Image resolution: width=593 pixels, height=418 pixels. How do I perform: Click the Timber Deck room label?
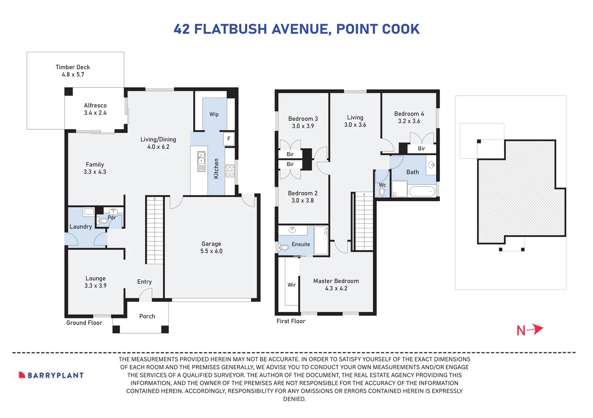click(x=72, y=67)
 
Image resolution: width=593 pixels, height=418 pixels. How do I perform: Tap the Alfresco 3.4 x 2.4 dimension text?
click(x=95, y=113)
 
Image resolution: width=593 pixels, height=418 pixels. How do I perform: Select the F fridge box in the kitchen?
click(x=229, y=139)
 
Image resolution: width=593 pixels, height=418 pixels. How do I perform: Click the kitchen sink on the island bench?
click(x=201, y=161)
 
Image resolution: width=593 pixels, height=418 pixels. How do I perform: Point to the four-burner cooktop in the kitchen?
click(x=230, y=170)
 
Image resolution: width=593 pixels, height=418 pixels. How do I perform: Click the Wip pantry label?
click(x=214, y=114)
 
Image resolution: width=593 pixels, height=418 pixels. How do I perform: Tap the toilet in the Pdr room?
click(x=103, y=221)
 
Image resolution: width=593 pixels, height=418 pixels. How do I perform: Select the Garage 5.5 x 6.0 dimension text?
click(x=211, y=251)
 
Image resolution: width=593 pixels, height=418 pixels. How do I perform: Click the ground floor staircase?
click(x=155, y=230)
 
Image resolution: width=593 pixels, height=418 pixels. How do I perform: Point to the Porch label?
click(x=147, y=316)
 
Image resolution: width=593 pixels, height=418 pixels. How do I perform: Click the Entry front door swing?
click(x=146, y=295)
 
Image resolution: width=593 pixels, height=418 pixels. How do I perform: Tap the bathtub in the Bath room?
click(x=422, y=191)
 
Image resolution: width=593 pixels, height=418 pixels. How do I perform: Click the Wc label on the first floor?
click(x=382, y=185)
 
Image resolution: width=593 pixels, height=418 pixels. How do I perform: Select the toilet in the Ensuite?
click(x=284, y=247)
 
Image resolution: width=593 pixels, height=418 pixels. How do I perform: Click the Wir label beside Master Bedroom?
click(x=291, y=285)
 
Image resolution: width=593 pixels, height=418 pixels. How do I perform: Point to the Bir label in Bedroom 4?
click(x=421, y=149)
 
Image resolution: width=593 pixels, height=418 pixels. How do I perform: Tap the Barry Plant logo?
click(x=51, y=375)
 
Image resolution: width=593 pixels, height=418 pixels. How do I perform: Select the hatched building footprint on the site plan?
click(x=519, y=190)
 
